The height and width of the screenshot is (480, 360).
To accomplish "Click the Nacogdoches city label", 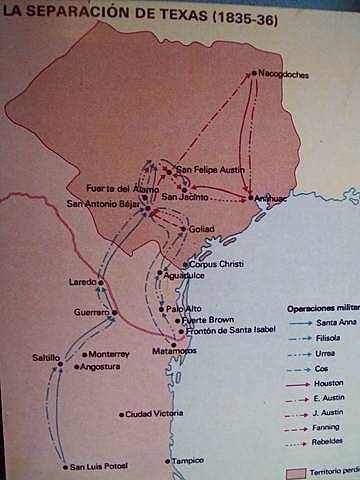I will click(x=284, y=75).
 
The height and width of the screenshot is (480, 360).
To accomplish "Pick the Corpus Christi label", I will click(x=216, y=264).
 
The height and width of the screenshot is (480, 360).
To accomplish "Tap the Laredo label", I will click(x=83, y=282).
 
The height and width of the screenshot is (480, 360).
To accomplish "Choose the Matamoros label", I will click(x=175, y=351).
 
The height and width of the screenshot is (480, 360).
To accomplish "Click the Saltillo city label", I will click(x=46, y=357).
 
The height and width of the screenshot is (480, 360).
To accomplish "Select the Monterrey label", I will click(x=110, y=354).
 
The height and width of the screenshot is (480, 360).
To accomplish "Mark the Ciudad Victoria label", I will click(x=154, y=413).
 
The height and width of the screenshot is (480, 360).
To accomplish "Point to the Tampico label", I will click(x=187, y=461).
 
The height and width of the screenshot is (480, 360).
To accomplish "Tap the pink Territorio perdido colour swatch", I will click(x=296, y=471).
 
